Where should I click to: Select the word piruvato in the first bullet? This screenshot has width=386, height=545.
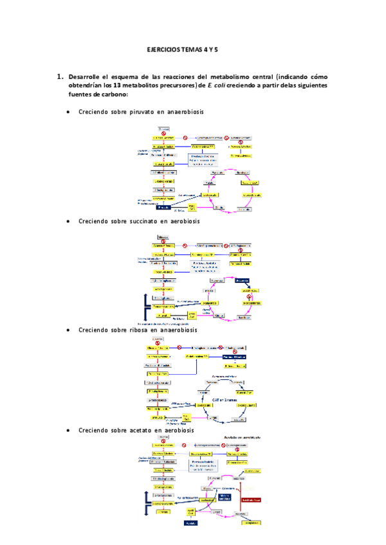(x=143, y=112)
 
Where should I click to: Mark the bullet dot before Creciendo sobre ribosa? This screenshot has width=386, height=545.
(x=69, y=330)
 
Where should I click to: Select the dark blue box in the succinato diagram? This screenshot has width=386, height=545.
(x=243, y=280)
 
